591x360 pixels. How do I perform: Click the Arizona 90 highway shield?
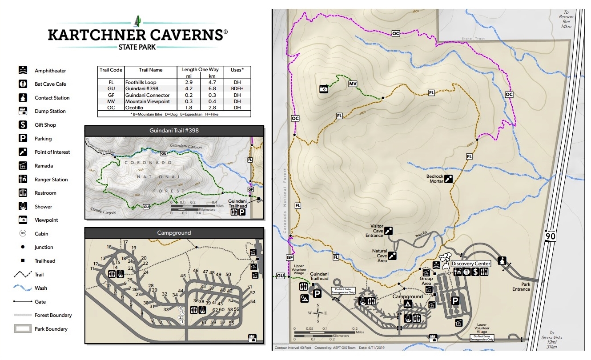click(551, 236)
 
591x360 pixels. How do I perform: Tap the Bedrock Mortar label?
click(435, 179)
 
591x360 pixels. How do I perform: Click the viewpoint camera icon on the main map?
click(324, 89)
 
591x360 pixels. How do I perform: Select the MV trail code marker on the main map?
click(353, 84)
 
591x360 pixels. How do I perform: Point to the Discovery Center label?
click(471, 264)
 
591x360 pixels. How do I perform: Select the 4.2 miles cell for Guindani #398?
click(188, 88)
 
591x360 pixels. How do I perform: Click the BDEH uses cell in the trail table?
click(237, 88)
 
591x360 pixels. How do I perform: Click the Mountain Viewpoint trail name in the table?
click(147, 101)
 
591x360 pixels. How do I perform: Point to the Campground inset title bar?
click(174, 232)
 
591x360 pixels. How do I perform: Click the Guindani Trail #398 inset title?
click(174, 131)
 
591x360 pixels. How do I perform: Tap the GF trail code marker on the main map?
click(290, 257)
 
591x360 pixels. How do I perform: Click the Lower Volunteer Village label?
click(482, 328)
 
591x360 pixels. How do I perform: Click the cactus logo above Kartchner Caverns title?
click(137, 21)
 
